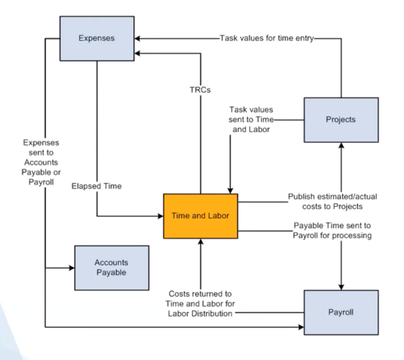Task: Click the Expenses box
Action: click(x=96, y=38)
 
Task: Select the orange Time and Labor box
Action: click(x=200, y=216)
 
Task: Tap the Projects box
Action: click(x=340, y=120)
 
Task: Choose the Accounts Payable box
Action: click(x=111, y=268)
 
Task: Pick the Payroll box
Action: click(x=340, y=312)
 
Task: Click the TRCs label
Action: click(x=200, y=90)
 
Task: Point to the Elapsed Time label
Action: click(x=96, y=186)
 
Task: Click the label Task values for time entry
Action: click(x=267, y=38)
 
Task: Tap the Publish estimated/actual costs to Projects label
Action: click(x=332, y=201)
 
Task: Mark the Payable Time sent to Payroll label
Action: click(x=332, y=231)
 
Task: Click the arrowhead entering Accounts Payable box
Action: click(x=72, y=268)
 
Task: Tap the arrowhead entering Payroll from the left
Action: click(x=301, y=327)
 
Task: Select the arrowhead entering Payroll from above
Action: click(x=341, y=286)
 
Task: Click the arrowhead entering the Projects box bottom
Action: click(x=341, y=146)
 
